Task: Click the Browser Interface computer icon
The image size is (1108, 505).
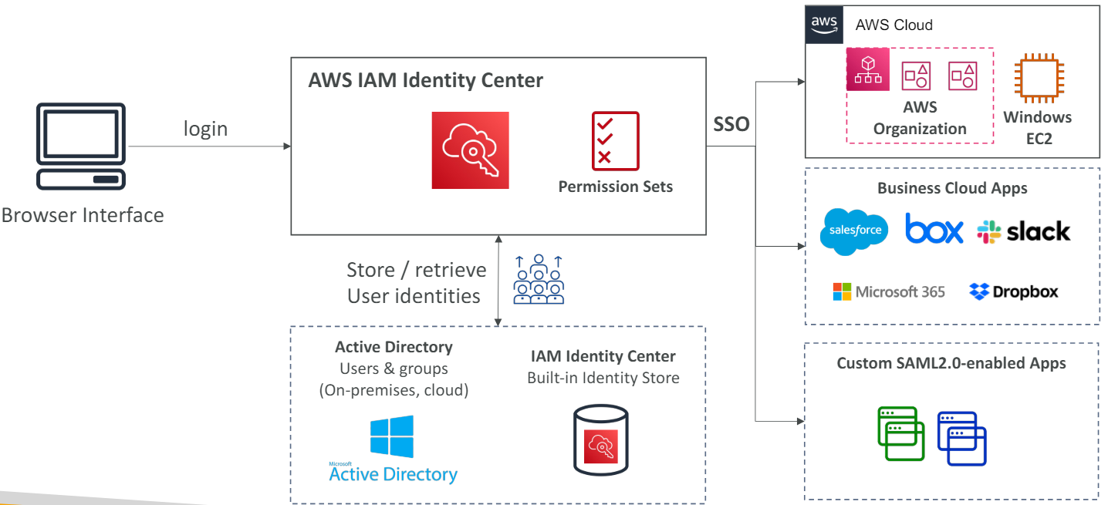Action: click(x=81, y=146)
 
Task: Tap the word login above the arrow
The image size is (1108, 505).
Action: click(x=205, y=129)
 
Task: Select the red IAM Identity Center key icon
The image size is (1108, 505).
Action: click(x=470, y=150)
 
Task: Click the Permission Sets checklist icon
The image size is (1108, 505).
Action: click(x=615, y=141)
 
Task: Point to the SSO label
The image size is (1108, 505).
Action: click(x=731, y=124)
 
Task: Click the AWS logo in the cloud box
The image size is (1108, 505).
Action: click(x=824, y=24)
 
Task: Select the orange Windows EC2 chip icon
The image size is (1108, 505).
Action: click(x=1038, y=79)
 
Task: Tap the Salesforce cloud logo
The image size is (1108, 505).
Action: click(x=853, y=231)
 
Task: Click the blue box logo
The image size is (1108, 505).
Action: click(x=934, y=231)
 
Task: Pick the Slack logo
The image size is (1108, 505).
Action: click(x=1024, y=231)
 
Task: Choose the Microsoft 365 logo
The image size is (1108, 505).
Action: click(x=889, y=291)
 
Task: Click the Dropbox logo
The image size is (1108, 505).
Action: click(x=1014, y=291)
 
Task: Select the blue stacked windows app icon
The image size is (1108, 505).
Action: click(x=962, y=438)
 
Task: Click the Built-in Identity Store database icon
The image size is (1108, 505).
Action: click(x=600, y=441)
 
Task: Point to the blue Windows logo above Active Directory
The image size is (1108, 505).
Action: click(x=391, y=436)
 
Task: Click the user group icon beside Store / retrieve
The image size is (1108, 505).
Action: click(x=539, y=279)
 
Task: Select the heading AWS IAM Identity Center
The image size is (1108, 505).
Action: click(x=425, y=80)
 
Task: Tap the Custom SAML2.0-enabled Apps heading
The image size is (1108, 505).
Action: click(x=951, y=362)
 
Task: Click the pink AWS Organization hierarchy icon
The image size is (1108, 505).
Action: click(x=868, y=69)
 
